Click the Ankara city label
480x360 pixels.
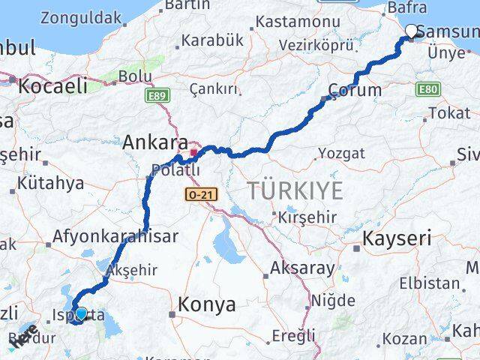click(x=155, y=141)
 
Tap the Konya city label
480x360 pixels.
click(x=207, y=305)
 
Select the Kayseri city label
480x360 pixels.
click(x=397, y=239)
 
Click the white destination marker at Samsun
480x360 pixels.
click(x=411, y=31)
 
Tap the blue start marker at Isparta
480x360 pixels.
click(x=80, y=316)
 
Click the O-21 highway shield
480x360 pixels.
click(x=196, y=194)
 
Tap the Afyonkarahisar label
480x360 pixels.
click(x=115, y=237)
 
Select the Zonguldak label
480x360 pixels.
click(x=81, y=16)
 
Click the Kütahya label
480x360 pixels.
click(x=52, y=182)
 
